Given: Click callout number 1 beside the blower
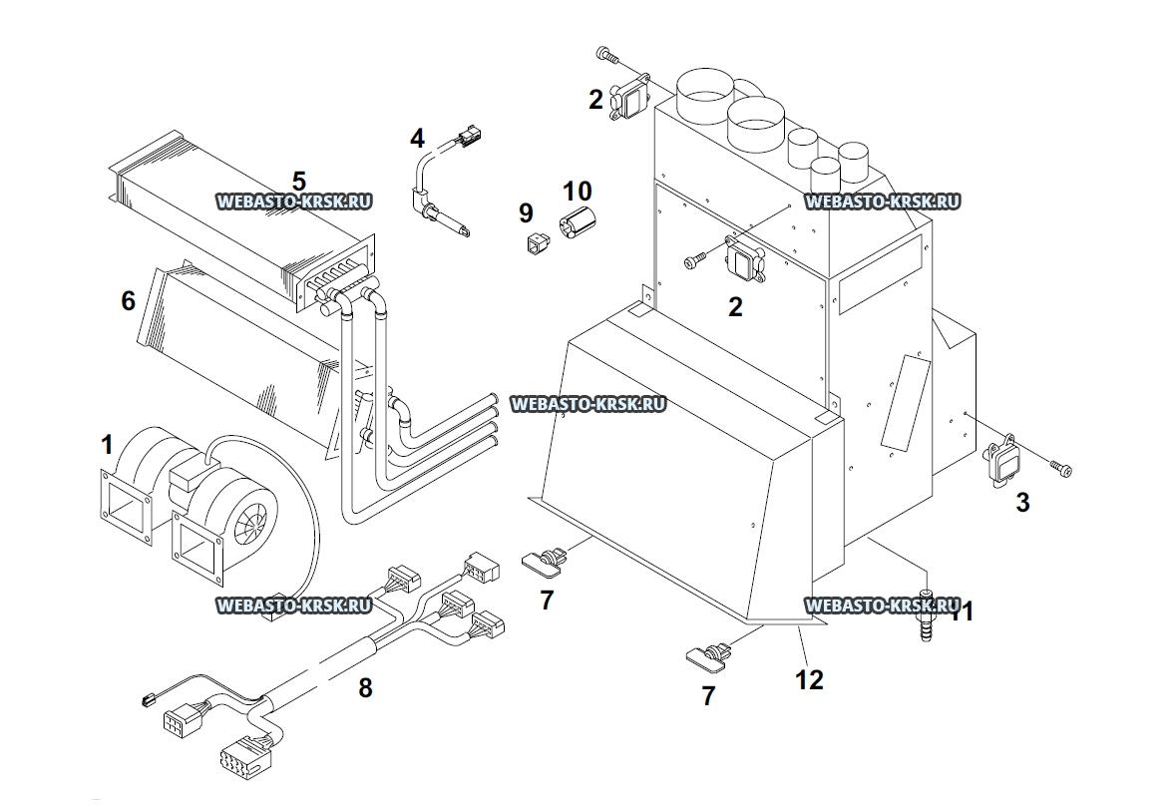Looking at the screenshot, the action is (x=107, y=445).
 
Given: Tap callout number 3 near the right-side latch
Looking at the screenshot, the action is (x=1022, y=502).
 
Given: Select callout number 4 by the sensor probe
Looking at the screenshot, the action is (x=417, y=138).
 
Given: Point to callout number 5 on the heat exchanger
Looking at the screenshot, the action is (x=298, y=181).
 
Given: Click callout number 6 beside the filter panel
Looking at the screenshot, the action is (x=129, y=301).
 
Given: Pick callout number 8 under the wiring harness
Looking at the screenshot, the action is (x=365, y=687).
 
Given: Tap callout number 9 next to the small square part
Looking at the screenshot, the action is (x=526, y=213).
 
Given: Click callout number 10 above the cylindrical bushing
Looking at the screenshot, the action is (x=577, y=191).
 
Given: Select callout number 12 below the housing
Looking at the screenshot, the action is (x=809, y=679).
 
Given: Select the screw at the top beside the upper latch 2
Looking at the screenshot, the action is (x=606, y=54).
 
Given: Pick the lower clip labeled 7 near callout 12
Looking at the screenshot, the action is (x=709, y=652).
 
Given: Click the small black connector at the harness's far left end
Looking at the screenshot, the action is (x=147, y=700).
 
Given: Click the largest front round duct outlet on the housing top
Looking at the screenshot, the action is (x=755, y=122).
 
